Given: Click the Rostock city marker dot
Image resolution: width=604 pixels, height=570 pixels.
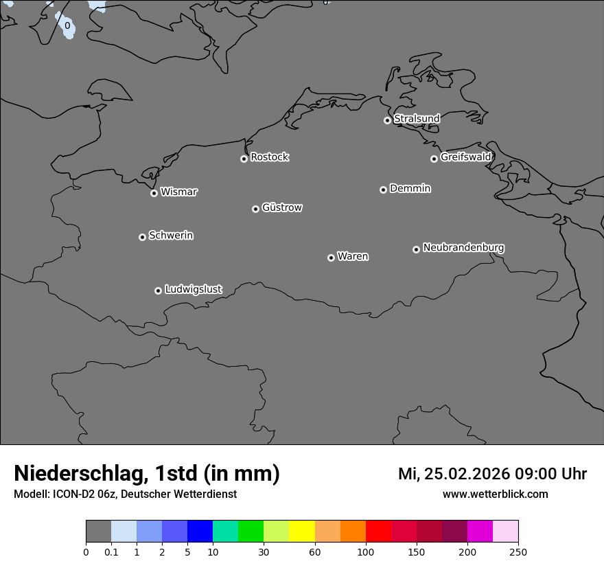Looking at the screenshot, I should pos(244,159).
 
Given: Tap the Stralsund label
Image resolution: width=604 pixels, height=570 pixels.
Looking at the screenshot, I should pos(417,119).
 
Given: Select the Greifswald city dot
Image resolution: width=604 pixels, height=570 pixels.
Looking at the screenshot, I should pos(434,159).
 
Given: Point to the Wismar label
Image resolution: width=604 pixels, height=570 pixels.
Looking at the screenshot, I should pos(178,192).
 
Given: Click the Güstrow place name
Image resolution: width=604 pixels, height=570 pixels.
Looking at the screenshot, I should pos(282,207).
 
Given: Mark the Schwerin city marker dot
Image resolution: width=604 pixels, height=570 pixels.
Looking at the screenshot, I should pos(142,237).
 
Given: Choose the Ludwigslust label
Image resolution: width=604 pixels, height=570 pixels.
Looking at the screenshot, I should pos(194,290).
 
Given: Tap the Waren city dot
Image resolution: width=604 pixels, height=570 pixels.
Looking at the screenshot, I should pos(331,258).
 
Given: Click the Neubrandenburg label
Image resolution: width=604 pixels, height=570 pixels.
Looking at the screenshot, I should pos(463,248).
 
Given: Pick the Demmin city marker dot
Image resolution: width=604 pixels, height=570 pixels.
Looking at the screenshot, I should pos(383,190).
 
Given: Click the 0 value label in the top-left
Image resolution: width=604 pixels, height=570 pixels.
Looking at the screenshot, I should pos(67,26).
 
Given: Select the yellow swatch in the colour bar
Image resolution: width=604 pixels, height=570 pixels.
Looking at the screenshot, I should pos(302,532).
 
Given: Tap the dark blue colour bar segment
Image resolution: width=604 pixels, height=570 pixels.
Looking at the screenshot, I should pos(200,532).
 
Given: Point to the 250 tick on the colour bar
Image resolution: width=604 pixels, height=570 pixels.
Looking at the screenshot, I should pos(518,551).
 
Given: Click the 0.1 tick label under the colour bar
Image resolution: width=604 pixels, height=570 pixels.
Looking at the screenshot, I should pos(111,551).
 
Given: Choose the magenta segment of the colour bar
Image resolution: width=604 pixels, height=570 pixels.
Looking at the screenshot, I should pos(480,532).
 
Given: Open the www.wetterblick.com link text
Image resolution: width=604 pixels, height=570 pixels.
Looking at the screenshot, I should pos(495,494).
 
